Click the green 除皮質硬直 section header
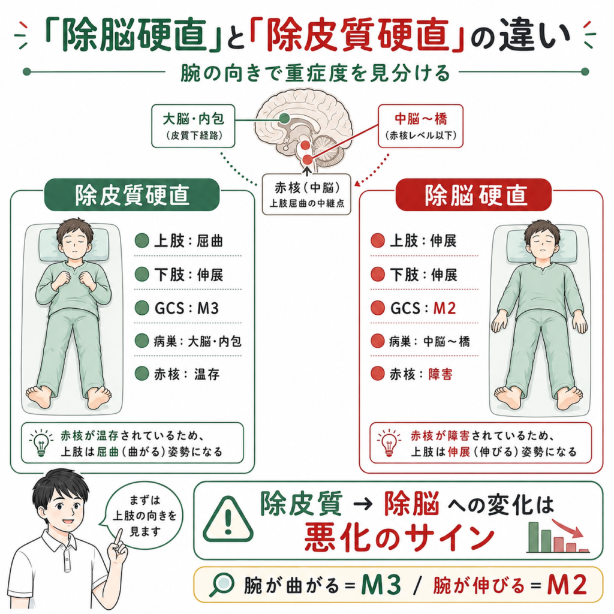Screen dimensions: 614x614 pyautogui.click(x=131, y=195)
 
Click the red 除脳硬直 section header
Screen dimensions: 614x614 pyautogui.click(x=474, y=195)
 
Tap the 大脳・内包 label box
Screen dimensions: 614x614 pyautogui.click(x=193, y=126)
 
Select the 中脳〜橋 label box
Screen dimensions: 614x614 pyautogui.click(x=420, y=126)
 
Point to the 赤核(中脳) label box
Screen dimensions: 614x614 pyautogui.click(x=306, y=195)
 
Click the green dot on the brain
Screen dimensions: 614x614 pyautogui.click(x=285, y=118)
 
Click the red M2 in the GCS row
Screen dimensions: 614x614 pyautogui.click(x=444, y=309)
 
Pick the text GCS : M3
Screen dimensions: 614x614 pyautogui.click(x=186, y=309)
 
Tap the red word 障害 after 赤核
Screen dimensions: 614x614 pyautogui.click(x=441, y=374)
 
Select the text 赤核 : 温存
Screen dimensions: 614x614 pyautogui.click(x=186, y=374)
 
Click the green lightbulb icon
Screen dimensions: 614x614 pyautogui.click(x=41, y=443)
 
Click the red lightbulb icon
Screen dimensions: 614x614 pyautogui.click(x=389, y=443)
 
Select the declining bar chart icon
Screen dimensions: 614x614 pyautogui.click(x=558, y=535)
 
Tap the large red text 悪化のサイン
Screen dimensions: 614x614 pyautogui.click(x=399, y=537)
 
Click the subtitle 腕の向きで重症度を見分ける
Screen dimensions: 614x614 pyautogui.click(x=315, y=73)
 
